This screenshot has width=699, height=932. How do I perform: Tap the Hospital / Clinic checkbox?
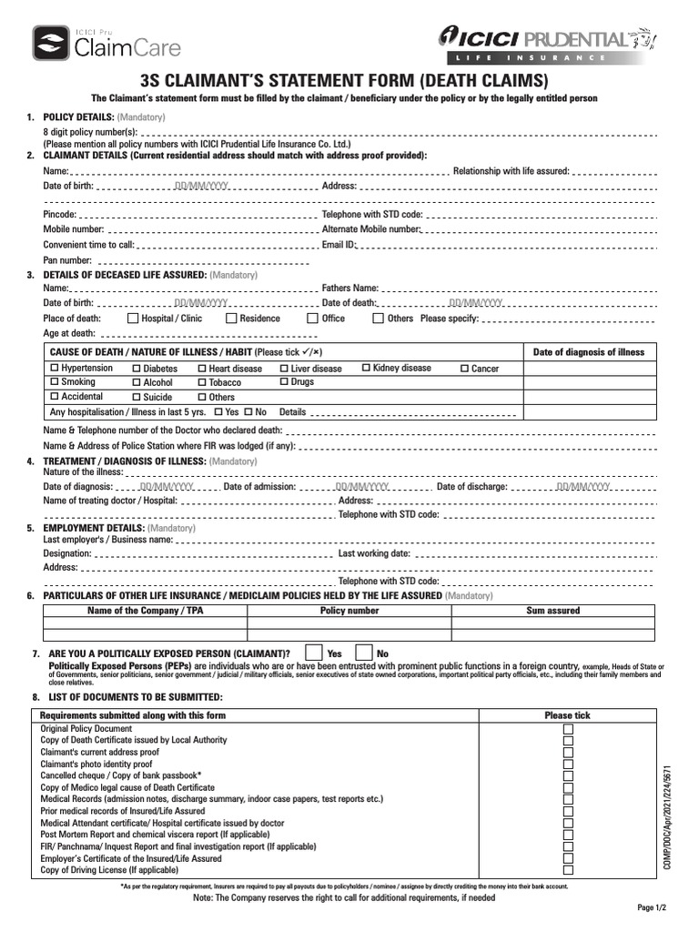point(133,319)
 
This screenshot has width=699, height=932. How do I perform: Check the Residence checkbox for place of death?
point(231,319)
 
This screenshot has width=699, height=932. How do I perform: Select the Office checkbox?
point(313,319)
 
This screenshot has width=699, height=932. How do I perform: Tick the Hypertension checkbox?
point(54,369)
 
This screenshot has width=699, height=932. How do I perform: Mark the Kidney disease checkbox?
point(366,368)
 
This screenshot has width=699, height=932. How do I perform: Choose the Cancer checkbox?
point(464,369)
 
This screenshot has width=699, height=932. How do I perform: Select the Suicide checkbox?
point(137,397)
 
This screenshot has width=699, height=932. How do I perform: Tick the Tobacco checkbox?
point(202,383)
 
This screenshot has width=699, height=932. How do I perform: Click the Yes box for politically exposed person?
point(313,653)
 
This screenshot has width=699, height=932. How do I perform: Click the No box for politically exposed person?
point(363,653)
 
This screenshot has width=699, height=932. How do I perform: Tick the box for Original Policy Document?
point(568,729)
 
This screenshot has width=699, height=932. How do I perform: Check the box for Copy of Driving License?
point(568,870)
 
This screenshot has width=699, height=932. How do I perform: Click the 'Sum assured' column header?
point(552,611)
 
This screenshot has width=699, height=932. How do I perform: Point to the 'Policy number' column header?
point(349,611)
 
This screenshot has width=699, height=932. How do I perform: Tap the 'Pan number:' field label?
point(67,260)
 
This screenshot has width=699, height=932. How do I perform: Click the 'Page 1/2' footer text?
point(652,908)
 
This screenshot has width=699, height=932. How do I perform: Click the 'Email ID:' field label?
point(339,245)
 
